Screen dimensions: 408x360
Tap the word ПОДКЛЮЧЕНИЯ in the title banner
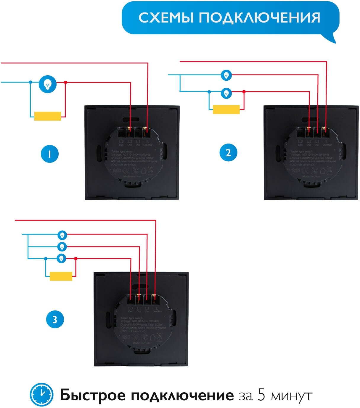[259, 18]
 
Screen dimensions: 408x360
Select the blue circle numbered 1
[50, 154]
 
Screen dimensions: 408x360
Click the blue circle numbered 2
[228, 153]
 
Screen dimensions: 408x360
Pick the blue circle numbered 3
[55, 319]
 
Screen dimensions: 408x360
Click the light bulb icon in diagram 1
[48, 85]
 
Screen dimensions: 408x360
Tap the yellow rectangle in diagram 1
[48, 116]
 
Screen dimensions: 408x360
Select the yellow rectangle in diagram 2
[226, 109]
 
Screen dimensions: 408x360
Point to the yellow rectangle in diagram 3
[61, 276]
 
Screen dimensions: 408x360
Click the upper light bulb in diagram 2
[226, 75]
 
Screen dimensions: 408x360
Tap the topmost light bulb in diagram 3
[62, 235]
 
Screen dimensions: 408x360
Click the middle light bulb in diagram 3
[62, 246]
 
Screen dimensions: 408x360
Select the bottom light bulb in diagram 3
[62, 258]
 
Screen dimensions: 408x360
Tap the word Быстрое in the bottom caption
[92, 396]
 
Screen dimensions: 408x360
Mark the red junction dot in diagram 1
[65, 82]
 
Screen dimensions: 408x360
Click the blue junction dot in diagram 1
[30, 82]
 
